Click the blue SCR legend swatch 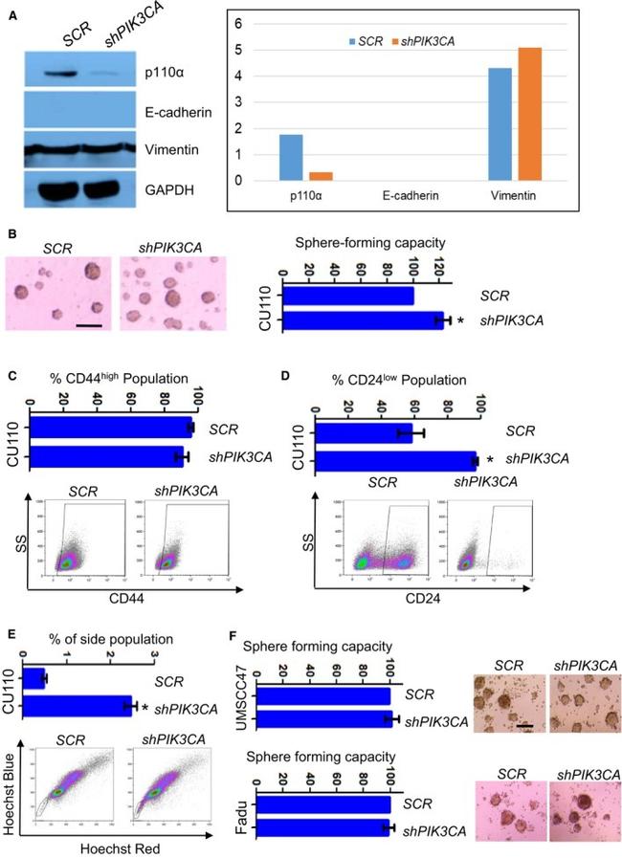[352, 42]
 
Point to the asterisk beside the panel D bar [490, 461]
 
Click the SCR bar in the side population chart [33, 680]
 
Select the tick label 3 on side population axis [156, 653]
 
